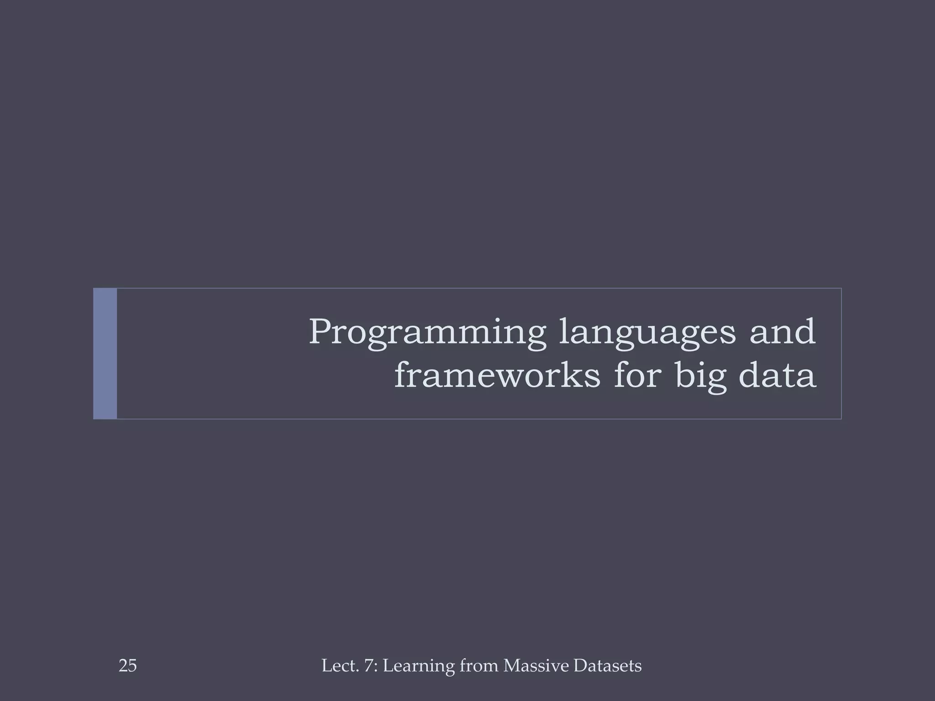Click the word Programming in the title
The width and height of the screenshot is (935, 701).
427,333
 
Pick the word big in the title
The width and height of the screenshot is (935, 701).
701,377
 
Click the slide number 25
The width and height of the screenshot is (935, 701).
127,666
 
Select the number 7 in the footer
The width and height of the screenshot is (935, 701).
368,666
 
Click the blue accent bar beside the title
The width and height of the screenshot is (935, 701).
105,353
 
